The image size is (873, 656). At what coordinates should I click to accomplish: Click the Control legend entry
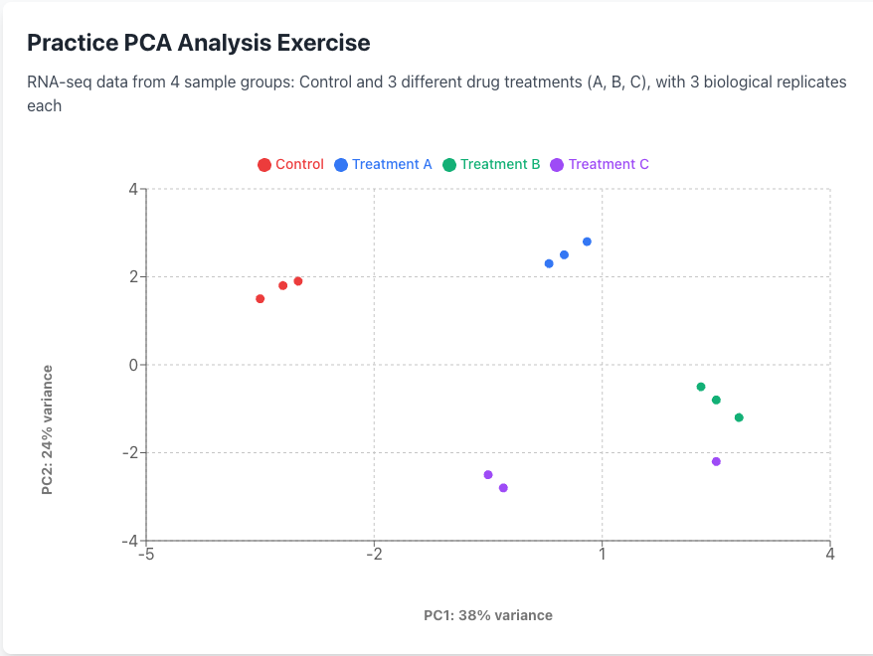290,164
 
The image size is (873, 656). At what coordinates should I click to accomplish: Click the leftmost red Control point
260,298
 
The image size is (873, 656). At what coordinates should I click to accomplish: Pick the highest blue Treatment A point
587,242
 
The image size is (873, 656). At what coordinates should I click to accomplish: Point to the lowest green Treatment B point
739,417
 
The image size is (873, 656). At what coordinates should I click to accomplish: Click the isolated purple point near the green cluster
716,461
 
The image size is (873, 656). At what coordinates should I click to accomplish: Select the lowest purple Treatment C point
503,488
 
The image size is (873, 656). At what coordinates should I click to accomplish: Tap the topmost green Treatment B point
701,387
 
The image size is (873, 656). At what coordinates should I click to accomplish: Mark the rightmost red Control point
298,281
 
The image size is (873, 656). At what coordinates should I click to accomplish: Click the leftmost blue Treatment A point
549,263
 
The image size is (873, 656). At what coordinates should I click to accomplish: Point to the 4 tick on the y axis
132,189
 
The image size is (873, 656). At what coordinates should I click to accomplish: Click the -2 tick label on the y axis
129,453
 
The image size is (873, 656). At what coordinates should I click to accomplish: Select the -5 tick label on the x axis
145,555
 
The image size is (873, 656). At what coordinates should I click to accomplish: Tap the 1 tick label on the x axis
603,555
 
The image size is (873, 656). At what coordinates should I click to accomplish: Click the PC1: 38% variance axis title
488,615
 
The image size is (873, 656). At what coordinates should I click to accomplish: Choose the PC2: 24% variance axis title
47,429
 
